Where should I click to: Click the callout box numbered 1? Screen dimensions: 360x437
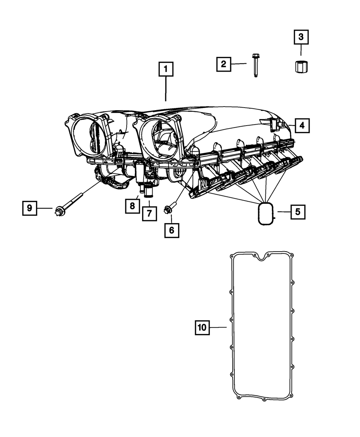click(x=166, y=69)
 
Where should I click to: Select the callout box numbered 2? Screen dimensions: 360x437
click(x=224, y=64)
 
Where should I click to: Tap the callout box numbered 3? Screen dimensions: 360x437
click(x=301, y=37)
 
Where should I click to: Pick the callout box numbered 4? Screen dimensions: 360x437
click(x=302, y=126)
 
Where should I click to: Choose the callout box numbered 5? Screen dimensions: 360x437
click(x=298, y=212)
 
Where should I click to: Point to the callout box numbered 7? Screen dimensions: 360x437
click(x=149, y=213)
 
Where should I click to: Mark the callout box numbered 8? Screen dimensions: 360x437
click(x=132, y=206)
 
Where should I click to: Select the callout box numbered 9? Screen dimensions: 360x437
click(x=30, y=208)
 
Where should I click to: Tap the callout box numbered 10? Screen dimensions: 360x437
click(x=202, y=327)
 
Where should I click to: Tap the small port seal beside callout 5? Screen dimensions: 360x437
click(x=266, y=213)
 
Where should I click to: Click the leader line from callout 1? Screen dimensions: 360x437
click(x=166, y=89)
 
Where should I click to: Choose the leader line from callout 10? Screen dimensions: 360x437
click(x=218, y=327)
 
